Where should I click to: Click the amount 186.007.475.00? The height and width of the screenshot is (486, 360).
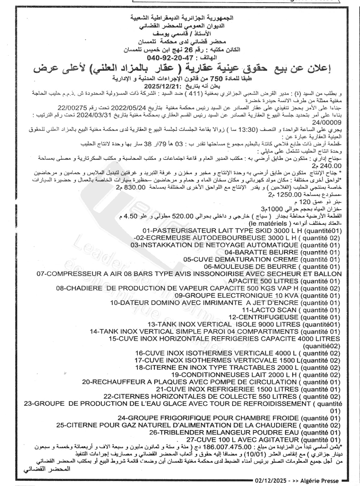pyautogui.click(x=230, y=447)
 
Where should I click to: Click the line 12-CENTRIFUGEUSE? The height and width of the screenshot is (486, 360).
pyautogui.click(x=264, y=317)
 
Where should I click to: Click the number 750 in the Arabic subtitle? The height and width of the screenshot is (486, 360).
pyautogui.click(x=219, y=78)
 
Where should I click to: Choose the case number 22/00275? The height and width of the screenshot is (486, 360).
pyautogui.click(x=73, y=108)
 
